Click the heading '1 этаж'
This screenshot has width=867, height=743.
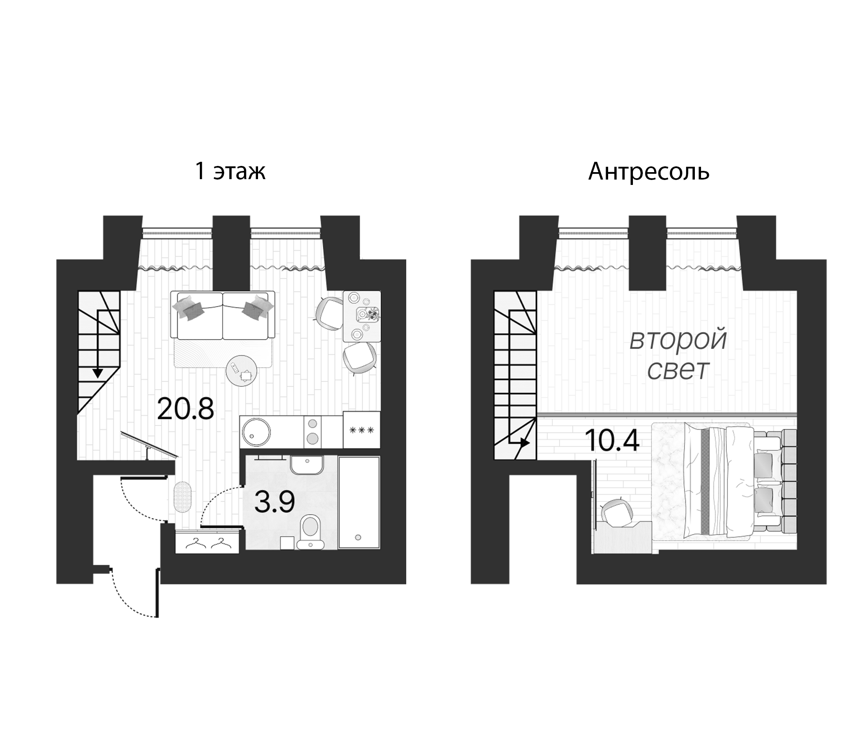[230, 172]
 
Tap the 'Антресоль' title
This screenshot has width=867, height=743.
[649, 172]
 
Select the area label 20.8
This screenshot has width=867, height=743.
[185, 409]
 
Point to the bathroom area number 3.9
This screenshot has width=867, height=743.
[275, 502]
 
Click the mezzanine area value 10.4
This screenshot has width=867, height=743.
[612, 441]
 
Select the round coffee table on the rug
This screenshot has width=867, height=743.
[242, 370]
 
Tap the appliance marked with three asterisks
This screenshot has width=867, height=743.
[362, 430]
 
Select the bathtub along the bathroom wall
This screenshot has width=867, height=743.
[359, 502]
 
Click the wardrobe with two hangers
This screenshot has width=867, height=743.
[208, 543]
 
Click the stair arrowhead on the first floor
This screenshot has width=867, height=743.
[98, 372]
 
